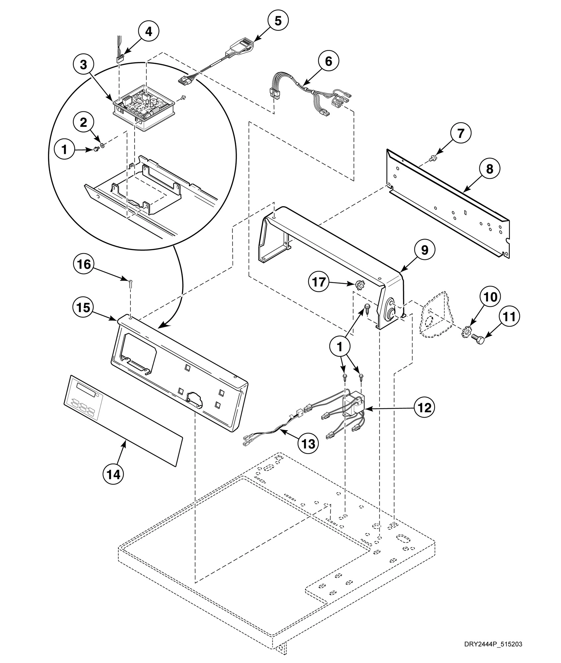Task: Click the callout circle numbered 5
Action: (278, 21)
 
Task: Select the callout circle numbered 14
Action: (113, 475)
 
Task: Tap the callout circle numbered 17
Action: (319, 284)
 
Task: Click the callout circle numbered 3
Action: (83, 65)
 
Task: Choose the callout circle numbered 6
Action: (328, 61)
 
